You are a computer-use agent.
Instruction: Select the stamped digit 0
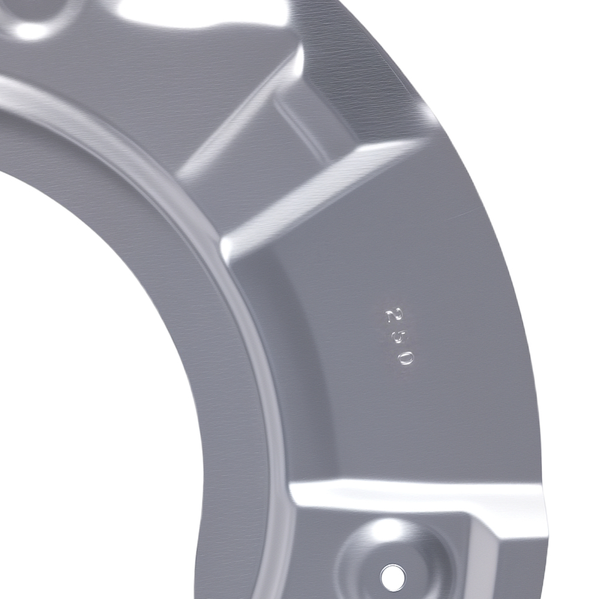[x=406, y=358]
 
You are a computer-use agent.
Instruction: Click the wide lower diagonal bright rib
[x=321, y=195]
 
